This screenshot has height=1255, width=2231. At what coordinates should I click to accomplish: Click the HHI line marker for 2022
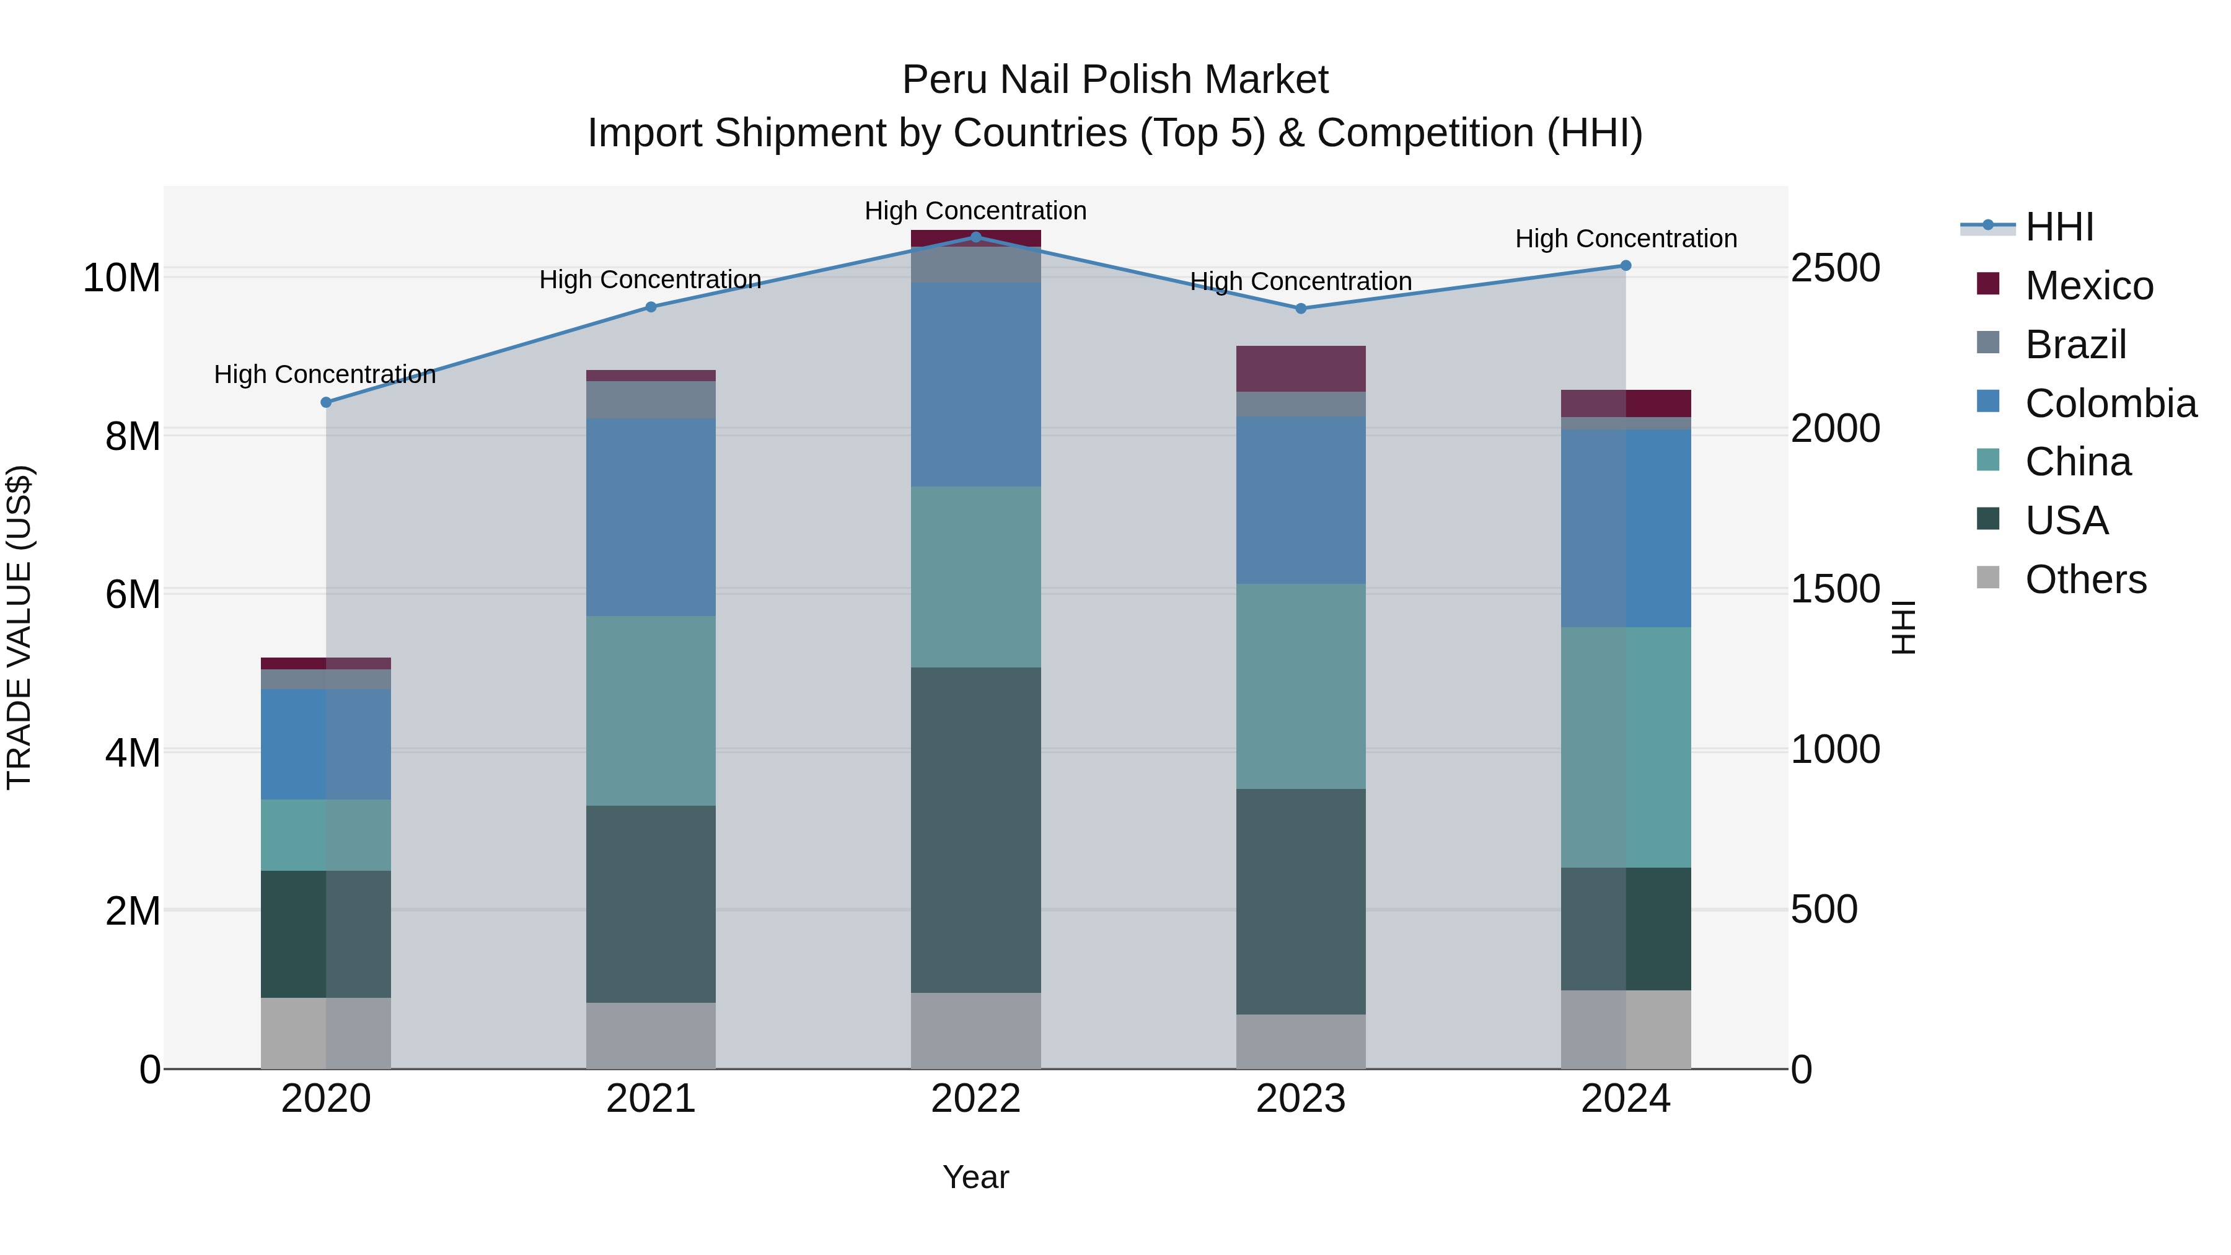975,237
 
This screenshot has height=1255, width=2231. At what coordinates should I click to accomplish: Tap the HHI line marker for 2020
325,402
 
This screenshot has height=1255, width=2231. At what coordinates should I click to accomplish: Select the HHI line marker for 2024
1625,265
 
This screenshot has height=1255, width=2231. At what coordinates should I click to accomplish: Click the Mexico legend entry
2088,286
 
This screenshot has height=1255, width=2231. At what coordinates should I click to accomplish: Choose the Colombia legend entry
2110,403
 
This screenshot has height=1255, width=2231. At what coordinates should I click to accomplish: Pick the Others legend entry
2085,579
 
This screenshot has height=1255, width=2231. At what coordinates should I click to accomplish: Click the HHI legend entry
2059,227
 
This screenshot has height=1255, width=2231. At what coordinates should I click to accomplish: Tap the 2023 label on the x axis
1300,1099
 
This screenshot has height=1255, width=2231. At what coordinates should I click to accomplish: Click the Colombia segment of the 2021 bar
651,517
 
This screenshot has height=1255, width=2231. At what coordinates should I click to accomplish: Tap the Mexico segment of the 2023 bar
1300,368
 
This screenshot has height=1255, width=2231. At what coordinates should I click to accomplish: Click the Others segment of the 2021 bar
651,1035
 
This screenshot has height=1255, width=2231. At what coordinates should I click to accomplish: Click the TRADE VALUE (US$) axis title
19,627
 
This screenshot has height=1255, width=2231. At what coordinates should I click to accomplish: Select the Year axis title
975,1177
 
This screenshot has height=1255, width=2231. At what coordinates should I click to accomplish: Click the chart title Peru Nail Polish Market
1115,80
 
